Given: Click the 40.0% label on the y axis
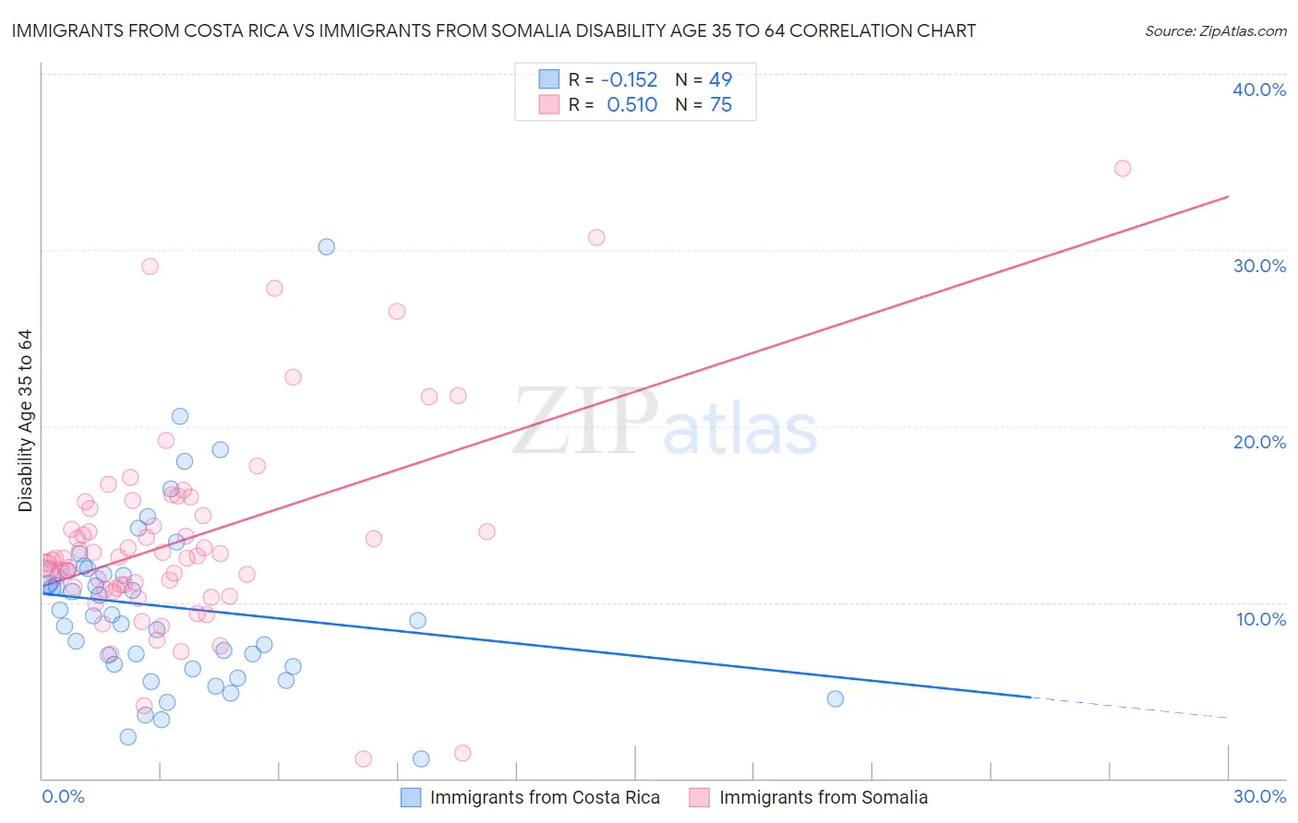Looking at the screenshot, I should point(1258,89).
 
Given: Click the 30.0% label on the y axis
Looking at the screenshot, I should point(1258,266).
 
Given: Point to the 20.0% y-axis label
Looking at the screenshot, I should point(1258,442).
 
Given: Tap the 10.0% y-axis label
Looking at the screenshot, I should point(1260,619).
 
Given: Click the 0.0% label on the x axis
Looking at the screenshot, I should point(63,796).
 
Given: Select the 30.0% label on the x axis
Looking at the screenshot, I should point(1258,796).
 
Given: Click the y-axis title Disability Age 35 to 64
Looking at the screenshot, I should point(25,421).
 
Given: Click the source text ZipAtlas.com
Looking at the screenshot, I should point(1215,31).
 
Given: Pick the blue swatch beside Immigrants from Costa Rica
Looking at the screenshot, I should point(411,797).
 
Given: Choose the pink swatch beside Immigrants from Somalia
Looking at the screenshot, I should point(700,797).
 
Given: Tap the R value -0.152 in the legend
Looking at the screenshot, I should point(629,80).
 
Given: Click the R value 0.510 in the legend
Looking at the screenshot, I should point(631,105).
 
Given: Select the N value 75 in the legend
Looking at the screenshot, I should point(720,105).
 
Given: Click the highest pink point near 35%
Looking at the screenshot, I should point(1122,168).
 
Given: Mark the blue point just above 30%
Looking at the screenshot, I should point(326,246).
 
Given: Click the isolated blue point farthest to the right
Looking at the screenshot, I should point(835,698).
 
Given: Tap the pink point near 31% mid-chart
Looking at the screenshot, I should point(596,237).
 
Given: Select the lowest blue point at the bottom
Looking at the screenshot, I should point(421,758).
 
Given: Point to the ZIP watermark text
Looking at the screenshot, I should point(584,422).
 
